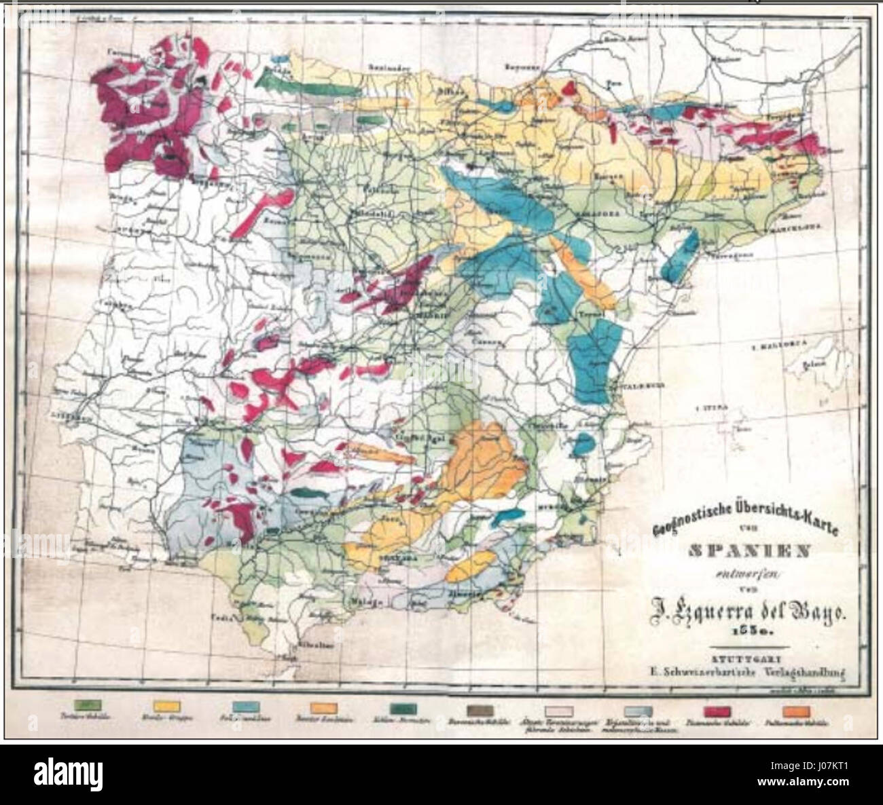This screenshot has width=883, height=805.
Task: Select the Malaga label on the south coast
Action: pos(363,601)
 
